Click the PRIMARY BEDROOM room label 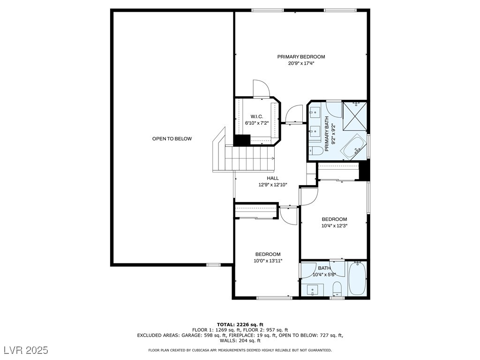pos(301,57)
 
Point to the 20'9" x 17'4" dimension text pos(301,63)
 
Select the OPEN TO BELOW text pos(172,139)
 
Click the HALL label pos(273,178)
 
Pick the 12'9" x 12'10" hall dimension pos(273,185)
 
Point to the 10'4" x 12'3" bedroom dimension pos(334,225)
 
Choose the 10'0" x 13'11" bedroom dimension pos(268,261)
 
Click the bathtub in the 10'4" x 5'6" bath pos(357,278)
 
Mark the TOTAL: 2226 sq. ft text pos(240,324)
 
